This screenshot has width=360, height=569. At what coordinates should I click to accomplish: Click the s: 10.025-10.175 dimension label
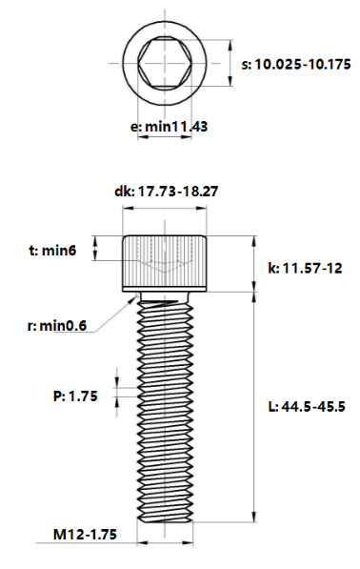pos(296,65)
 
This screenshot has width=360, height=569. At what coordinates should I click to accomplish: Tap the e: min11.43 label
pos(169,127)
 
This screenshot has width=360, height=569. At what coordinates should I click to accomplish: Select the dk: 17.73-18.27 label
pos(167,192)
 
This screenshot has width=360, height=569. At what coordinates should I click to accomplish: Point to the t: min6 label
pos(52,250)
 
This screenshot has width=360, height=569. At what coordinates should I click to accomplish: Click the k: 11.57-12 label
pos(305,268)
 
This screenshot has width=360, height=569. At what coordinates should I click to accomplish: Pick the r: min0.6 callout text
pos(57,326)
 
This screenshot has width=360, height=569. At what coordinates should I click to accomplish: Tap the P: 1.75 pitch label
pos(75,396)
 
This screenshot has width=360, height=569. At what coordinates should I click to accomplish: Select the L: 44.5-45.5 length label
pos(307,406)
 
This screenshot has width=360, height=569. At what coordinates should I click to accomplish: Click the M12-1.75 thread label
pos(85,534)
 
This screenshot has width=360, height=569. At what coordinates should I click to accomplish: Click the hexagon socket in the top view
pos(165,64)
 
